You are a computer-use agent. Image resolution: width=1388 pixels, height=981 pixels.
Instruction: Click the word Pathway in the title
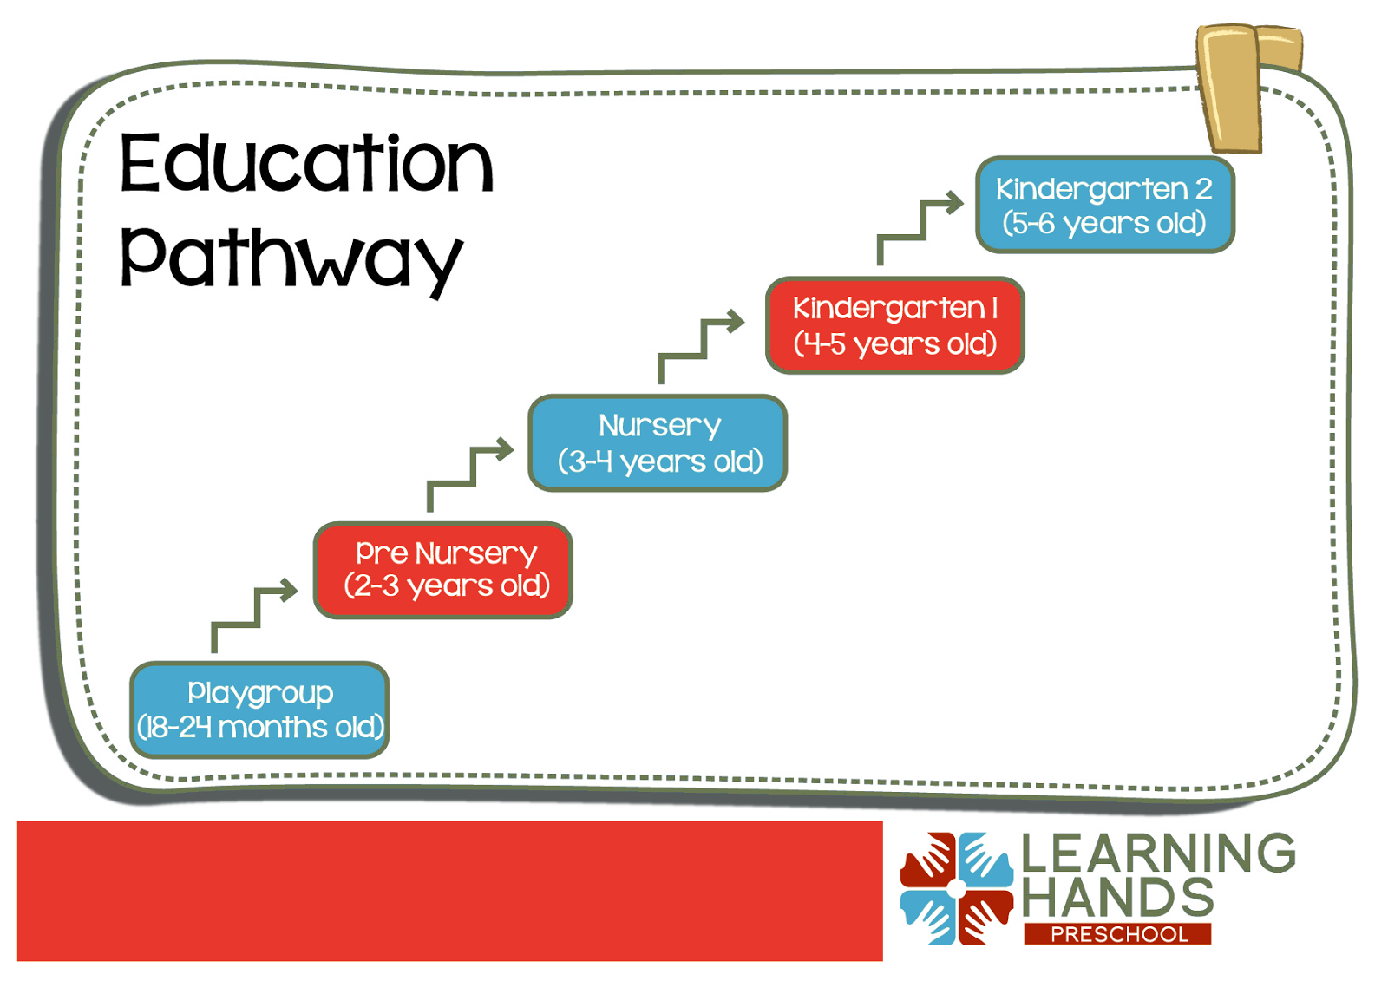pyautogui.click(x=291, y=258)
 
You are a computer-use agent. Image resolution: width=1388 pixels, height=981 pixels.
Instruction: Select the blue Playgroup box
pyautogui.click(x=259, y=709)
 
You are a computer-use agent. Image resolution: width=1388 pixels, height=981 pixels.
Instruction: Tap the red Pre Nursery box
pyautogui.click(x=443, y=569)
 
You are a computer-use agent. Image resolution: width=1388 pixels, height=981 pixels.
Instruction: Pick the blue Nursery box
pyautogui.click(x=658, y=442)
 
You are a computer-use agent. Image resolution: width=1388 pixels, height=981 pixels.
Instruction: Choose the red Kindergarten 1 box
pyautogui.click(x=894, y=324)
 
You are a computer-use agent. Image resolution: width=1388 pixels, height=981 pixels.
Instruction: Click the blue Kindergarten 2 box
pyautogui.click(x=1104, y=205)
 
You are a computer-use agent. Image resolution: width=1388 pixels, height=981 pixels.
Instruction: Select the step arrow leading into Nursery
pyautogui.click(x=468, y=472)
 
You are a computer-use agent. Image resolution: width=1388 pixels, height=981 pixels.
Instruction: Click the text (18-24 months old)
pyautogui.click(x=260, y=727)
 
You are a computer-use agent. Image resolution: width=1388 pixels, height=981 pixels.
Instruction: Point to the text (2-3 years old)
pyautogui.click(x=447, y=585)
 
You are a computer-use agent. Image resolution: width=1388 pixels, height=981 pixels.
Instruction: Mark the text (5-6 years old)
pyautogui.click(x=1104, y=223)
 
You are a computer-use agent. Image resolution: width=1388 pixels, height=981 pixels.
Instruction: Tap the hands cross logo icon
pyautogui.click(x=956, y=888)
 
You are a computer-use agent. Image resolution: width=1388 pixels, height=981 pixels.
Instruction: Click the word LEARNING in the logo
pyautogui.click(x=1158, y=853)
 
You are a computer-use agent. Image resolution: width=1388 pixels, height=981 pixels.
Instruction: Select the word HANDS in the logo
pyautogui.click(x=1117, y=897)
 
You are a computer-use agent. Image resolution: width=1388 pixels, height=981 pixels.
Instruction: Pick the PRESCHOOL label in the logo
pyautogui.click(x=1118, y=934)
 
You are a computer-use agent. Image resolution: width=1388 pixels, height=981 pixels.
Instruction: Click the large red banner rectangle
pyautogui.click(x=449, y=890)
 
